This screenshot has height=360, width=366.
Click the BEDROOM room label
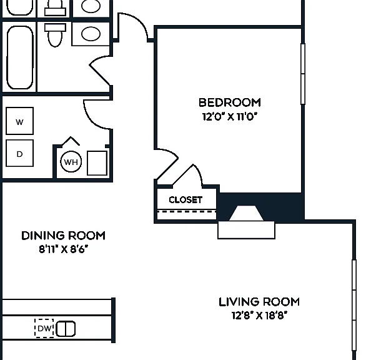coord(230,102)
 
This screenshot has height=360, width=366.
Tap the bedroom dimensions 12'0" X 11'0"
coord(230,116)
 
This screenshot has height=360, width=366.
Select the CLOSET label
coord(185,200)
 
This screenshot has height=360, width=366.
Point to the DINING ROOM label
coord(63,236)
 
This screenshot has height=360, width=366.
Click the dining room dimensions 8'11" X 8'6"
coord(64,249)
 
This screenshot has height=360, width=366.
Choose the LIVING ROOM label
coord(259,302)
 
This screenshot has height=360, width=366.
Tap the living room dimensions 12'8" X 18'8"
coord(259,316)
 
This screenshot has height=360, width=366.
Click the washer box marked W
coord(19,121)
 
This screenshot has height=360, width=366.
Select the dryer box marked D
coord(19,153)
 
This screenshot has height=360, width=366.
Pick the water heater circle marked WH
coord(71,162)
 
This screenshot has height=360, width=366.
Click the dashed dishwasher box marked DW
coord(44,328)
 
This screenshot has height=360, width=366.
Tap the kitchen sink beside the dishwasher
coord(66,329)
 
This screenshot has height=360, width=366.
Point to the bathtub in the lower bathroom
coord(20,57)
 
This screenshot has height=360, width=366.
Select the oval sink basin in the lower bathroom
coord(91,34)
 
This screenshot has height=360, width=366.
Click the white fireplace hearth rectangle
coord(246,230)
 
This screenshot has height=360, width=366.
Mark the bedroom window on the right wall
coord(303,74)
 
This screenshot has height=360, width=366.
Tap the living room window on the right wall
coord(354,305)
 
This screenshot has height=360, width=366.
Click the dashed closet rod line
coord(187,212)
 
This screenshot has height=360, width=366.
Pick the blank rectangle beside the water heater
coord(97,163)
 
